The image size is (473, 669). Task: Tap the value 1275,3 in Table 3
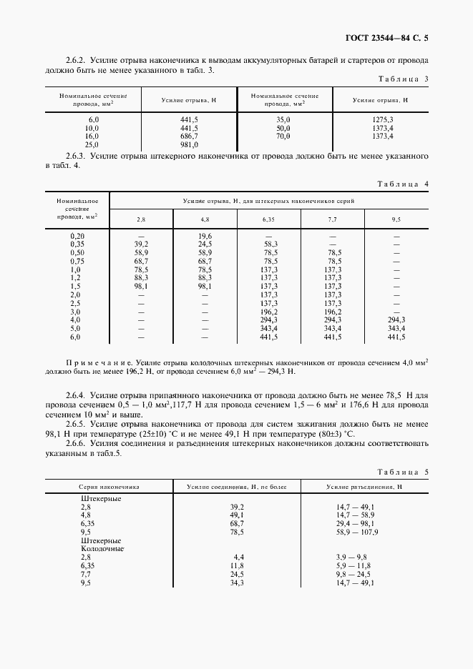[383, 119]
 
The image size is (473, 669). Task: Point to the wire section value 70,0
[283, 135]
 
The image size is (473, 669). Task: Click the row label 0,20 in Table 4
[77, 236]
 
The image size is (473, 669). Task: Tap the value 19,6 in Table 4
[205, 236]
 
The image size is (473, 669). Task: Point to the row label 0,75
[77, 261]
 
